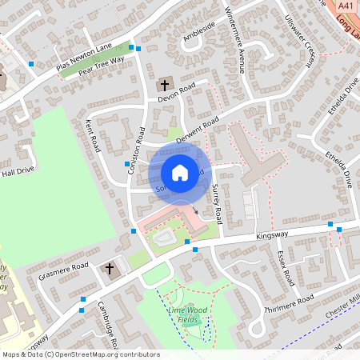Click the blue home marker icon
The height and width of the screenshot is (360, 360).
[180, 172]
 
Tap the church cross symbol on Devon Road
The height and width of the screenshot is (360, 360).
[165, 84]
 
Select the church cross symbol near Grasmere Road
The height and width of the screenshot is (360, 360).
[110, 269]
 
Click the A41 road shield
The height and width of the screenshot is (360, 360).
[346, 6]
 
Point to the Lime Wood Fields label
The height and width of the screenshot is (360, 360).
[182, 314]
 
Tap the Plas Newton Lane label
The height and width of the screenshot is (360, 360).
[85, 58]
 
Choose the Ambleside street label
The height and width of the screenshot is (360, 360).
[199, 31]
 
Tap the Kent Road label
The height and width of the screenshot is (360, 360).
[93, 136]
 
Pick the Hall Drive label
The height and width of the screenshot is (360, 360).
[18, 171]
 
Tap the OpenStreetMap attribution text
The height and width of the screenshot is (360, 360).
[80, 354]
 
